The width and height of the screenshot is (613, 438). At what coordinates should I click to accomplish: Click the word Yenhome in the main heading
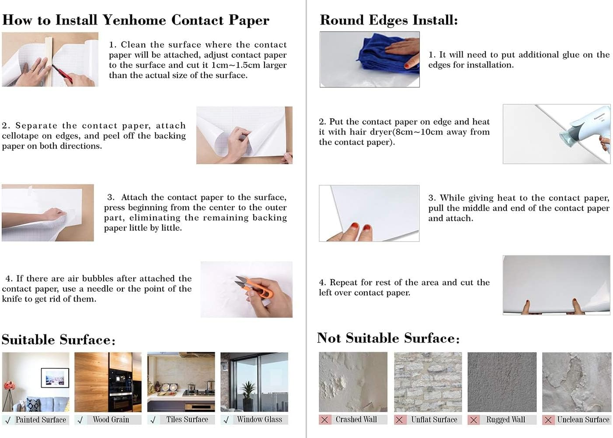pos(134,20)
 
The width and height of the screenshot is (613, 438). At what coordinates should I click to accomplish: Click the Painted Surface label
pos(41,420)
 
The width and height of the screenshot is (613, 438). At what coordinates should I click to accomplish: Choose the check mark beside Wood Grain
pos(80,420)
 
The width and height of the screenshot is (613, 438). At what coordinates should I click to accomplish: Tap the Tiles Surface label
pos(187,420)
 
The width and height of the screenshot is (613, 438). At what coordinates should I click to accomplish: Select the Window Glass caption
pos(259,420)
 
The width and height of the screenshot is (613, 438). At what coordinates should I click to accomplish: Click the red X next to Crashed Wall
pos(324,420)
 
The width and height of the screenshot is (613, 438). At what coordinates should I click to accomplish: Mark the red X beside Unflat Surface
pos(399,420)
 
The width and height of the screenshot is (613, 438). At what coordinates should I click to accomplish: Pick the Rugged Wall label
pos(505,420)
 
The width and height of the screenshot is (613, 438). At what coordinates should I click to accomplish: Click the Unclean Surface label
pos(583,420)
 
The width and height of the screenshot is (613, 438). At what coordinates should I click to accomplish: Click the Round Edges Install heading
pos(389,20)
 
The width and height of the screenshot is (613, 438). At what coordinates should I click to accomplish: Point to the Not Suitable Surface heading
pos(388,338)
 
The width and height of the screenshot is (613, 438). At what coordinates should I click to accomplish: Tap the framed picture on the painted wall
pos(55,378)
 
